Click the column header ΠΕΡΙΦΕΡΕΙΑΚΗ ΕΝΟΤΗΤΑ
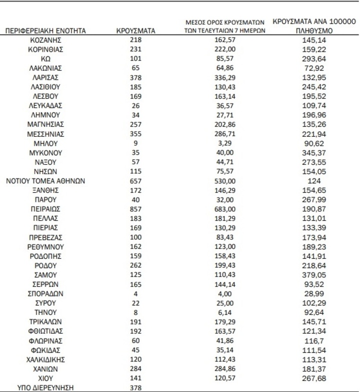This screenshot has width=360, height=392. click(x=45, y=32)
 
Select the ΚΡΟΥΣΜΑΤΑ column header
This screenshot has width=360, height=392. click(x=135, y=32)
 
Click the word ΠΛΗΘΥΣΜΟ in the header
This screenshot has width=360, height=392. click(x=313, y=32)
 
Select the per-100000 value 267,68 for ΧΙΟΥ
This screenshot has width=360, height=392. click(x=313, y=377)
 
